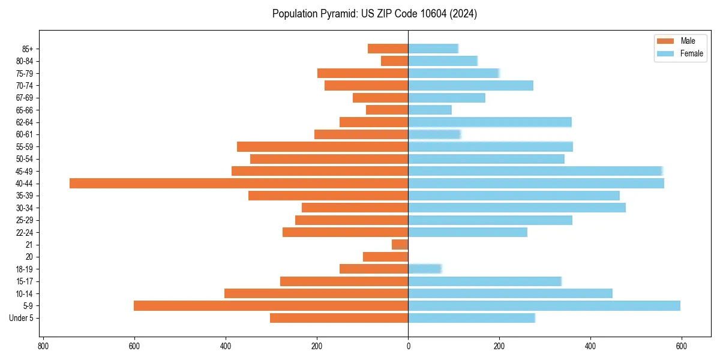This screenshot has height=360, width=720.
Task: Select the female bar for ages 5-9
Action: [x=544, y=306]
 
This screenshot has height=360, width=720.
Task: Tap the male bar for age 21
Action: [x=400, y=245]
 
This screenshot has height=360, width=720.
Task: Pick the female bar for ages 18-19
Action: [x=425, y=269]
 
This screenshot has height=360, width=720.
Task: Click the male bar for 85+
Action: [x=388, y=49]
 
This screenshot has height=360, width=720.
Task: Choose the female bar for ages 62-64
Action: [x=490, y=122]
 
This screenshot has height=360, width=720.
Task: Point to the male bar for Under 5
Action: [x=339, y=318]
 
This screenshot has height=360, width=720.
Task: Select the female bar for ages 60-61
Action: [x=434, y=134]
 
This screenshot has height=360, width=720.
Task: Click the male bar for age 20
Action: [x=386, y=257]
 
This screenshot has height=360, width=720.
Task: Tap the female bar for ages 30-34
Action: [x=517, y=208]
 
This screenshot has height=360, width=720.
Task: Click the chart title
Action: [x=374, y=14]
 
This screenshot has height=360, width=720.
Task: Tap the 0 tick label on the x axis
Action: [x=408, y=346]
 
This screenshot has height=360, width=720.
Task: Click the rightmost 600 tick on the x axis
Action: [x=681, y=346]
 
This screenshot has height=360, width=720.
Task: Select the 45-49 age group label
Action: [x=25, y=171]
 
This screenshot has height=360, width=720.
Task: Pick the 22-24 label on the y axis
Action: [x=25, y=232]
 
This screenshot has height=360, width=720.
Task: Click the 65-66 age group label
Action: [x=25, y=110]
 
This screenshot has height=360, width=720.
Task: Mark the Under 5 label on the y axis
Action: [x=22, y=318]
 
